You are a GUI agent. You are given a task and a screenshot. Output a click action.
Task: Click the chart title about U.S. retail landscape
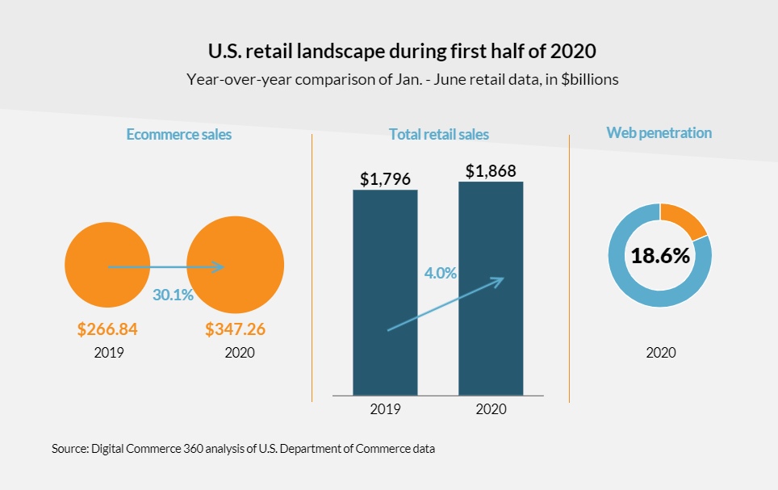point(401,52)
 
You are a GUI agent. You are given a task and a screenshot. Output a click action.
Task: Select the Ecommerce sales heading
point(178,134)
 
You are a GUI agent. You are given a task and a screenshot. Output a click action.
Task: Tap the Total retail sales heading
point(438,134)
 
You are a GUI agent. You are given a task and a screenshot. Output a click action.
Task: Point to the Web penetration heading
point(659,132)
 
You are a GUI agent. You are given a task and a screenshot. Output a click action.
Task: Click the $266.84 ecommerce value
point(107,329)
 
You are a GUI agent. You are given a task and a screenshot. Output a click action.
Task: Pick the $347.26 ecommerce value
point(235,329)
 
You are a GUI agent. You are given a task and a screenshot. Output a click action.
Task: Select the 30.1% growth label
point(173,295)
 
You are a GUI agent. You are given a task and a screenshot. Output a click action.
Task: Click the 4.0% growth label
point(441,273)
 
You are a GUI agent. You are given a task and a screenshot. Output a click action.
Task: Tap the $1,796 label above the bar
point(385,177)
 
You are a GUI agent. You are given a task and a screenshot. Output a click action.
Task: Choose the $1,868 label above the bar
point(491,170)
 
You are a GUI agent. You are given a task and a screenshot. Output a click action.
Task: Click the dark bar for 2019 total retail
point(385,339)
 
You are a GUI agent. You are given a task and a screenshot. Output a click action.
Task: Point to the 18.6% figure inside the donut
point(660,256)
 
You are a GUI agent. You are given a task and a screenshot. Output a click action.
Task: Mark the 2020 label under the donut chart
point(660,353)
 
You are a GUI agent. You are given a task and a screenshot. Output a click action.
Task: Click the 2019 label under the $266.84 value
point(108,353)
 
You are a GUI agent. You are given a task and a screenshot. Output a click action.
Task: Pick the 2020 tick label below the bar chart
point(491,409)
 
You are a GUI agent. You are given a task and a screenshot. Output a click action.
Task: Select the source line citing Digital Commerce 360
point(243,448)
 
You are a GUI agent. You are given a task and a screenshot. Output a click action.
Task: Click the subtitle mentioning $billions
point(401,80)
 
